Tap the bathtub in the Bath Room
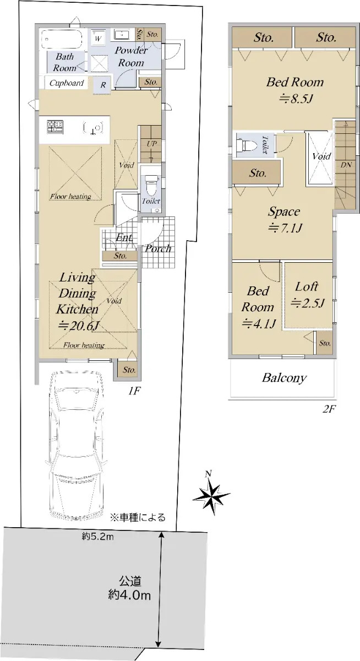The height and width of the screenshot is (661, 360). click(62, 39)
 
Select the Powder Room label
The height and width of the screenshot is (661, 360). click(131, 56)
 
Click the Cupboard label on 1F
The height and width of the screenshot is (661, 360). click(67, 83)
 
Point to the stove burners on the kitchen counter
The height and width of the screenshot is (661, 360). click(55, 127)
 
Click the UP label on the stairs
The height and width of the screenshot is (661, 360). click(151, 144)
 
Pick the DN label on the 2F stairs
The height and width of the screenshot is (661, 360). click(346, 165)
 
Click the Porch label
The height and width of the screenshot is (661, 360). click(158, 248)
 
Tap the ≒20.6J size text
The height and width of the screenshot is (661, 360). click(79, 325)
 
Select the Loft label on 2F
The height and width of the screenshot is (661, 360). click(307, 287)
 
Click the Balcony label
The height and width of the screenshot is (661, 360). click(285, 378)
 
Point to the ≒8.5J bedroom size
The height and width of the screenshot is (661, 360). click(296, 99)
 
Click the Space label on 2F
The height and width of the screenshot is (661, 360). click(284, 212)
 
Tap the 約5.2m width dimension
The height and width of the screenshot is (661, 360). click(97, 536)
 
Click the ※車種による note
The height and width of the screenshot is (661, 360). click(138, 517)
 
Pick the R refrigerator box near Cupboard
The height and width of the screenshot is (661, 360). click(102, 85)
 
